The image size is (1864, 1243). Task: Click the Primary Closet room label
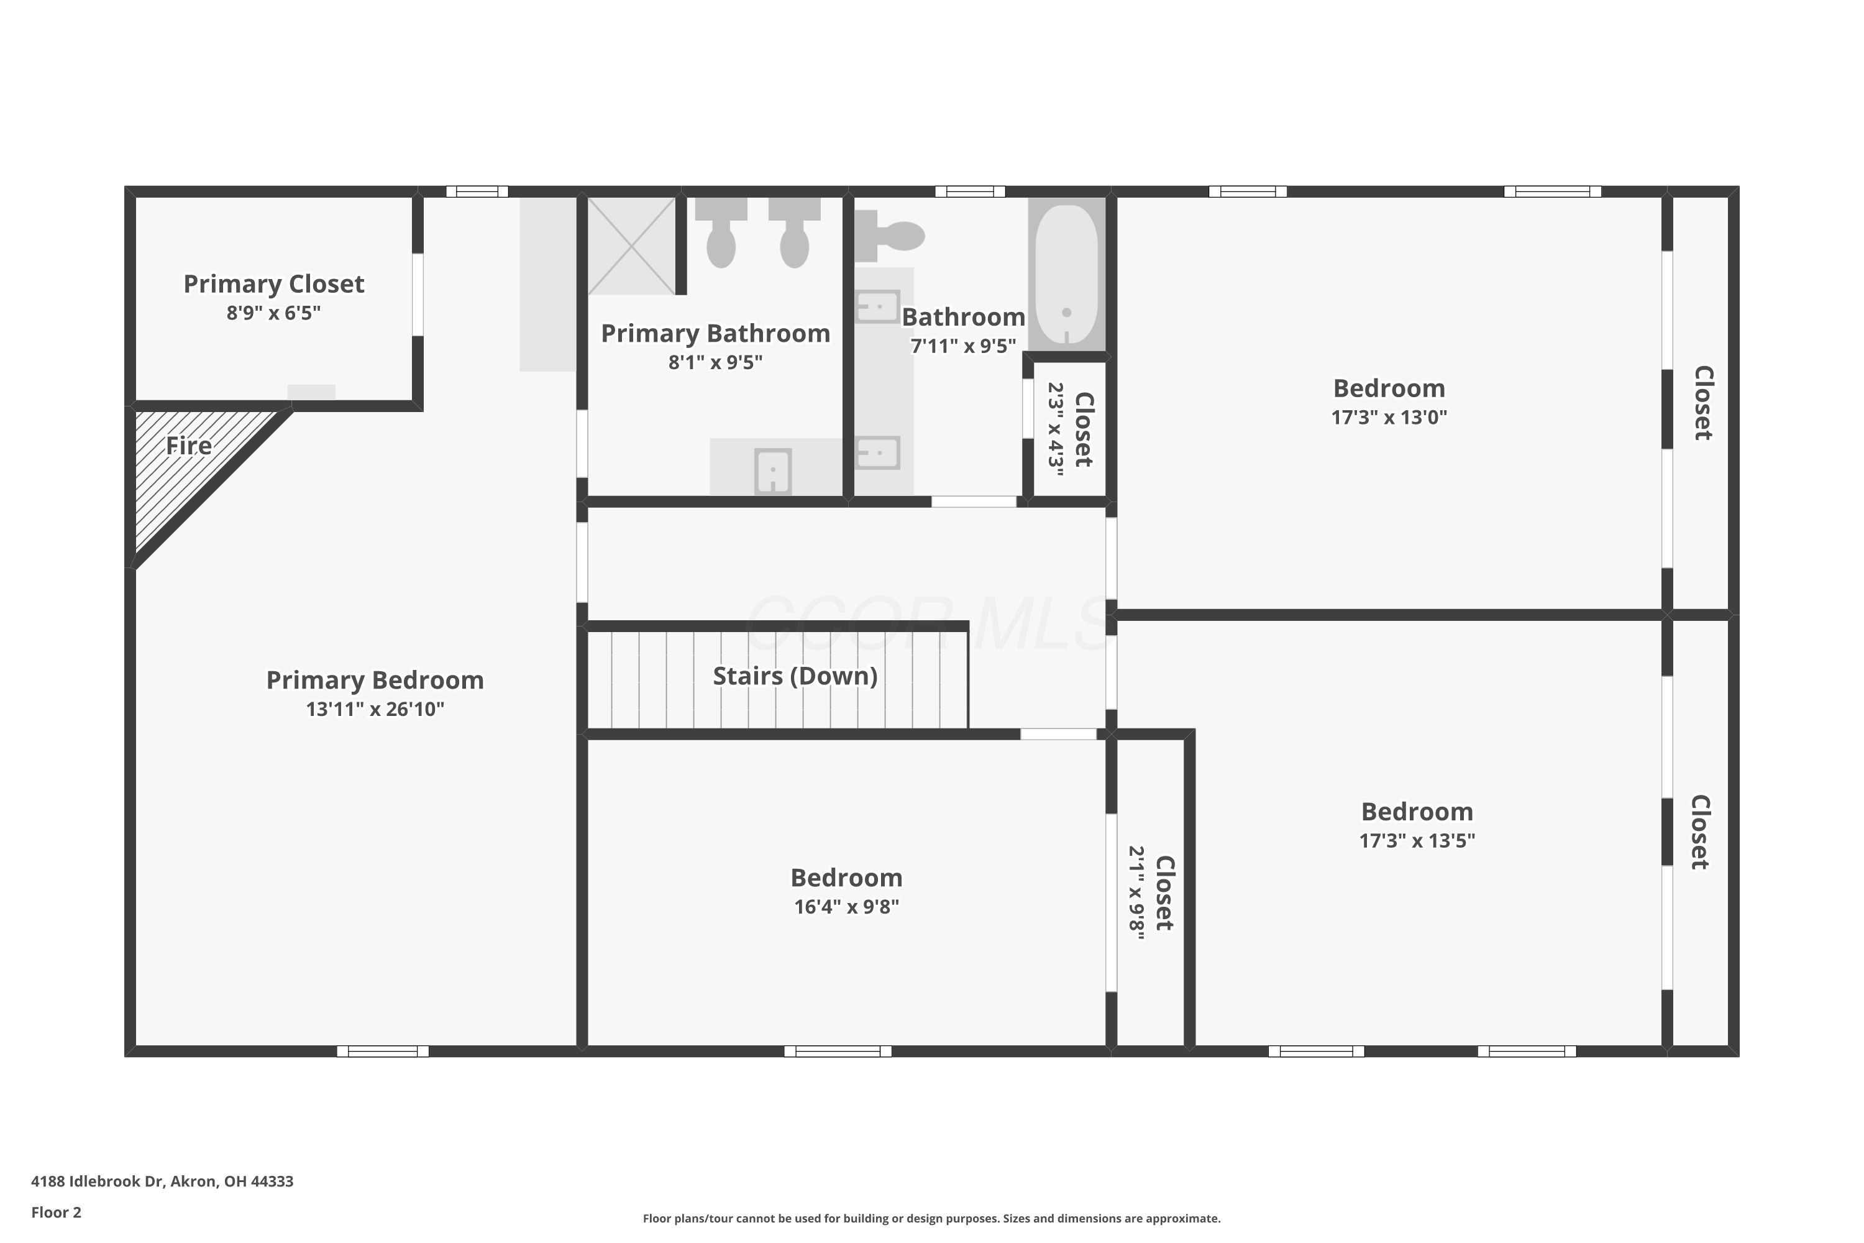click(273, 284)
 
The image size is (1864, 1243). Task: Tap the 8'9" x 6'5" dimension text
click(273, 313)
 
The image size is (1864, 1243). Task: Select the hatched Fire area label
click(189, 446)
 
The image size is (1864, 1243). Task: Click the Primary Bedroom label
click(375, 680)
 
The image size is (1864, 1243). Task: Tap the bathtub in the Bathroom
click(1067, 274)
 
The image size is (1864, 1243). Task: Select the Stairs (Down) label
click(795, 676)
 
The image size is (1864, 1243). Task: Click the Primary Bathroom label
click(716, 333)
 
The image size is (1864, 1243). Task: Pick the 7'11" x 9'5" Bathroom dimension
click(963, 346)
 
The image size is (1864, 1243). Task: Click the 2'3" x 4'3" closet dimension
click(1056, 429)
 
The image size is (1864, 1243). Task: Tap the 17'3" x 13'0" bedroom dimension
click(1389, 418)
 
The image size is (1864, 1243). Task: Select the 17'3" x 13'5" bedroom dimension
click(1417, 841)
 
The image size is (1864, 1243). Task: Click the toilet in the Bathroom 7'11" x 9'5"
click(889, 236)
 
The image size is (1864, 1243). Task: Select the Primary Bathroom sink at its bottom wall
click(773, 471)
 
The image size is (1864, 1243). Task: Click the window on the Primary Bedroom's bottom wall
click(383, 1051)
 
